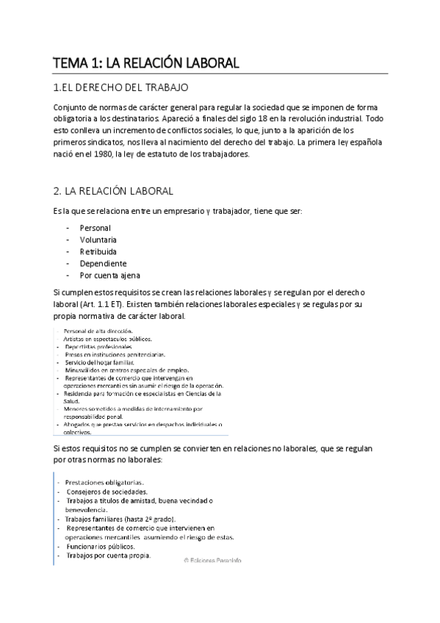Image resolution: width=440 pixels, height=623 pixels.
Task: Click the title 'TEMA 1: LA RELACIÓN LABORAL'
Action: [146, 63]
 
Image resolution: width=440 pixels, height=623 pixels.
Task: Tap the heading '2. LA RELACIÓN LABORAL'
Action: [113, 191]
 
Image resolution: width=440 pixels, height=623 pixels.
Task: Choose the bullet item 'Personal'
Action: [95, 228]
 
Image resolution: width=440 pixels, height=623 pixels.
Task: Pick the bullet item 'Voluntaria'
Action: [98, 240]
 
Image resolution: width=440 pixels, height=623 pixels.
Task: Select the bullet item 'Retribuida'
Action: [98, 252]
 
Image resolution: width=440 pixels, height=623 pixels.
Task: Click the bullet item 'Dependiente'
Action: [103, 264]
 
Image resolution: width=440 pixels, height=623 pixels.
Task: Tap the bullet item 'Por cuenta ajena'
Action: [110, 276]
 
